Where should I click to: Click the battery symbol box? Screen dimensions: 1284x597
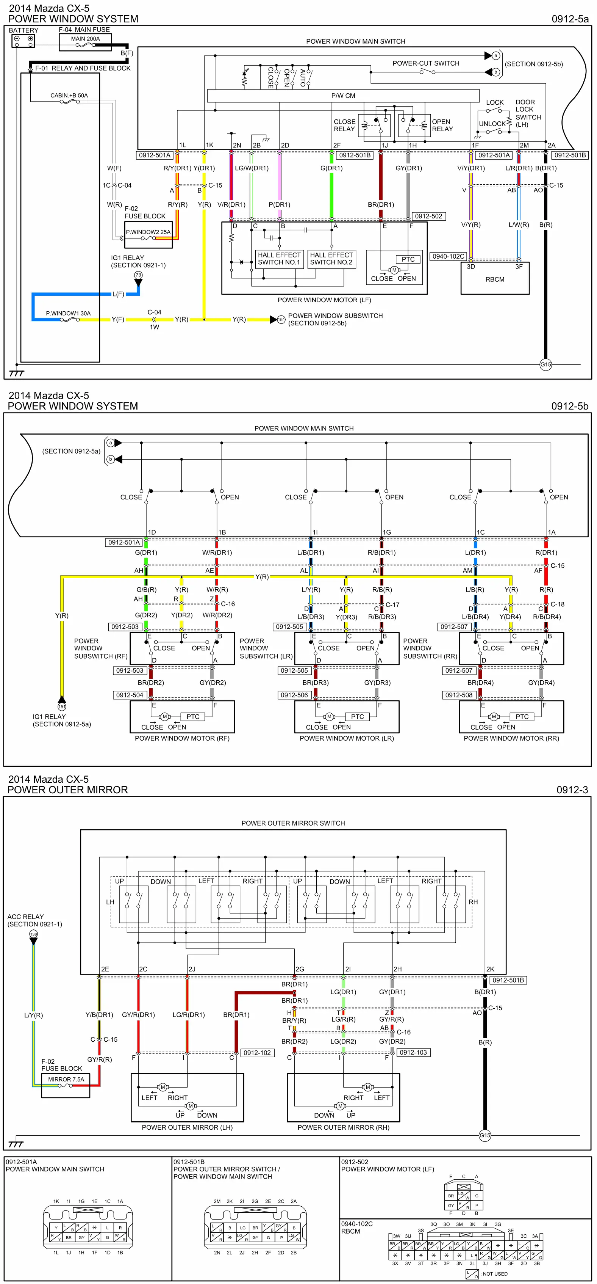coord(23,41)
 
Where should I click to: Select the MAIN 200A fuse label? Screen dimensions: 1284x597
coord(85,38)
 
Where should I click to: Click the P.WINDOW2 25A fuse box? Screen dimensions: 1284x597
coord(148,235)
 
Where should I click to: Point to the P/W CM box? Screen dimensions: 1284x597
coord(343,96)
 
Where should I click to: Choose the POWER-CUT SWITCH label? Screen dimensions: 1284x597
coord(426,63)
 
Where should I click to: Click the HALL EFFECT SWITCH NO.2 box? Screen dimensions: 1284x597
coord(331,259)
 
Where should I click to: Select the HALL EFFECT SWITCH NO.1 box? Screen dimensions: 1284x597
coord(279,259)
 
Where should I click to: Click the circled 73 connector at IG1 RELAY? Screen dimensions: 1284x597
coord(138,275)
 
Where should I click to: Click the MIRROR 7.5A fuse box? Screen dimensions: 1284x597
coord(66,1085)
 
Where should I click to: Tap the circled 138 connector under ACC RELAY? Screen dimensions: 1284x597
coord(33,934)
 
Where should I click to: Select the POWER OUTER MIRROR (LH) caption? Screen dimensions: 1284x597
coord(187,1127)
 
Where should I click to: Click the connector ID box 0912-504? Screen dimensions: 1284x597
coord(130,695)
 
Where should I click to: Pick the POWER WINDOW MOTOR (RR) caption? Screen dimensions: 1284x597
coord(511,738)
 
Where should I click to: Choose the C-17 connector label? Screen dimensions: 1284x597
coord(392,604)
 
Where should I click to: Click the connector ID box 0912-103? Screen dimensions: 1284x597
coord(413,1052)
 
